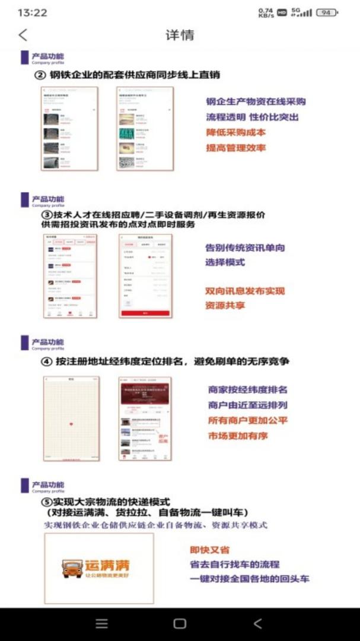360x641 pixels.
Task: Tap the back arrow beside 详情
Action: pos(23,35)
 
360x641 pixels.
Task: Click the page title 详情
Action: pos(180,35)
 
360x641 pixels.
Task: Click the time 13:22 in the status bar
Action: pos(33,12)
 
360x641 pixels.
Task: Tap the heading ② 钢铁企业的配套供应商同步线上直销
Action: pos(128,75)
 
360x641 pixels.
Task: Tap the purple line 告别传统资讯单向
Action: pos(245,247)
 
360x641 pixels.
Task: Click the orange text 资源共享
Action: pos(225,306)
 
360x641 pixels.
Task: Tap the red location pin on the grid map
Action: pos(71,423)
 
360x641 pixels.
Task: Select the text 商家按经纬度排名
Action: pos(247,390)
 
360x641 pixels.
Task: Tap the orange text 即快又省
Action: pos(209,550)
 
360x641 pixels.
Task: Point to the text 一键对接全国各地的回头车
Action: pos(249,579)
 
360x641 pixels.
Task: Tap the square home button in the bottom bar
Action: pos(180,624)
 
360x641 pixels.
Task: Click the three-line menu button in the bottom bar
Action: pos(102,624)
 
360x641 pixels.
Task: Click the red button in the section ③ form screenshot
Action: pos(145,313)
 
